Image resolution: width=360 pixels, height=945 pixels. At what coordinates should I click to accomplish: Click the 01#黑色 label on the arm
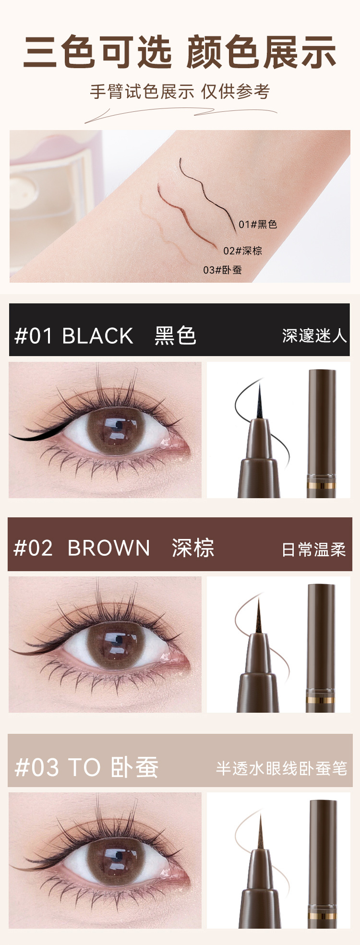click(258, 224)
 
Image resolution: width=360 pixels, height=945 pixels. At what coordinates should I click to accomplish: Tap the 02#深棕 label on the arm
click(242, 251)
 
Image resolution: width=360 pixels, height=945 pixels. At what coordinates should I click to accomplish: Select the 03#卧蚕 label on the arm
click(222, 270)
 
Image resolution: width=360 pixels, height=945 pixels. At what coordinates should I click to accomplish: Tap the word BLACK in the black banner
click(97, 336)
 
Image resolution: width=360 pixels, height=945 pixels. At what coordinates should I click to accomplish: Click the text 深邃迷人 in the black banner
click(314, 336)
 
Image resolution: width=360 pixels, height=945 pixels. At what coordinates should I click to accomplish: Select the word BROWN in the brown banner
click(108, 548)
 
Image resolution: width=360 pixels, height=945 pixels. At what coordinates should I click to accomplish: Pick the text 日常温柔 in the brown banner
click(314, 550)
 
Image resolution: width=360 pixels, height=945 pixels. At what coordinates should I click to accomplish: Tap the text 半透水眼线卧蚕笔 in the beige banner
click(281, 768)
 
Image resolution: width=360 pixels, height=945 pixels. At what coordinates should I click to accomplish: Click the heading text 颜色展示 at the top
click(261, 52)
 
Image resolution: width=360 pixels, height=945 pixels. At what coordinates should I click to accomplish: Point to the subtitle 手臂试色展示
click(142, 91)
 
